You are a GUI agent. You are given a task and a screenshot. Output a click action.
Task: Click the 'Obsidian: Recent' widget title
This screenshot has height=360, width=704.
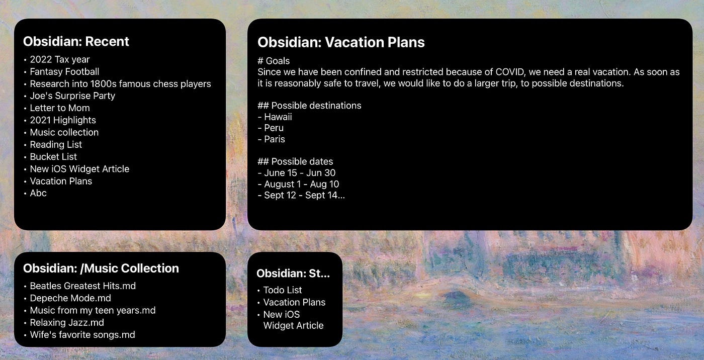pyautogui.click(x=76, y=41)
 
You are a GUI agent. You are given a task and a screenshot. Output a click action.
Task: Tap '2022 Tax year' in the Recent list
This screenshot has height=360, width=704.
pyautogui.click(x=60, y=59)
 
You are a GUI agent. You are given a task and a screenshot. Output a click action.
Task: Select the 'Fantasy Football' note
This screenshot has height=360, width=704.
pyautogui.click(x=64, y=71)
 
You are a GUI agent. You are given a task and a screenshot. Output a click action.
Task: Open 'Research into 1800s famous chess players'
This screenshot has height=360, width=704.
pyautogui.click(x=120, y=84)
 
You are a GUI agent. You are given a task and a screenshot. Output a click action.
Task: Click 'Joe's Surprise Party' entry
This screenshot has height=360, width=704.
pyautogui.click(x=72, y=96)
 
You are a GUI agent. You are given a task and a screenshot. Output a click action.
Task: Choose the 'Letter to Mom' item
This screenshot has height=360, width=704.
pyautogui.click(x=60, y=108)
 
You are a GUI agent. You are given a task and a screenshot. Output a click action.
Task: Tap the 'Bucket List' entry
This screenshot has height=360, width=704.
pyautogui.click(x=53, y=157)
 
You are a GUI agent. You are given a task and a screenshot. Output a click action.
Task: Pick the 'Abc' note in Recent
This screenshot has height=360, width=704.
pyautogui.click(x=38, y=193)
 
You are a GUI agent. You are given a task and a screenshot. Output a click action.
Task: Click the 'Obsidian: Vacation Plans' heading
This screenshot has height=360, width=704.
pyautogui.click(x=341, y=42)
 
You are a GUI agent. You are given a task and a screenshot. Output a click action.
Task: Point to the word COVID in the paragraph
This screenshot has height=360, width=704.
pyautogui.click(x=510, y=72)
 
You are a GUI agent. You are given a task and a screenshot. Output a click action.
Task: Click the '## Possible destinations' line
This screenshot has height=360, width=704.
pyautogui.click(x=309, y=106)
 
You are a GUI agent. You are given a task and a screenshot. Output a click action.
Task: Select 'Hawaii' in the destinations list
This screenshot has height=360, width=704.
pyautogui.click(x=278, y=117)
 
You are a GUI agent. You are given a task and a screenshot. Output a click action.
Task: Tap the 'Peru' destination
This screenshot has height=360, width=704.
pyautogui.click(x=274, y=128)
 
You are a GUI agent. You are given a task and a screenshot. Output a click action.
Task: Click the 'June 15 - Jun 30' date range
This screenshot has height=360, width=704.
pyautogui.click(x=300, y=173)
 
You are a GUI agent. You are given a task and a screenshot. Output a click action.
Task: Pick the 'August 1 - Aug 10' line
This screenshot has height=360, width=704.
pyautogui.click(x=301, y=184)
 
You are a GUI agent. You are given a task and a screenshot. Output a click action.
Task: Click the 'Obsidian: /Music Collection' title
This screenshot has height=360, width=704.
pyautogui.click(x=101, y=268)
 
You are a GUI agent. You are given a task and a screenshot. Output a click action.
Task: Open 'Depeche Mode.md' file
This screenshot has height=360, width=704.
pyautogui.click(x=70, y=298)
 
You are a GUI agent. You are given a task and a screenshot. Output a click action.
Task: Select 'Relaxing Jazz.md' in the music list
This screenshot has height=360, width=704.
pyautogui.click(x=67, y=323)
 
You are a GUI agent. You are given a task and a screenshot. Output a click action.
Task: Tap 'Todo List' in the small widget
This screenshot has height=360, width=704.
pyautogui.click(x=283, y=290)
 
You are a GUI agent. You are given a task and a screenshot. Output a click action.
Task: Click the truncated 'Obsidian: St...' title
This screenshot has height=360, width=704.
pyautogui.click(x=293, y=274)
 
